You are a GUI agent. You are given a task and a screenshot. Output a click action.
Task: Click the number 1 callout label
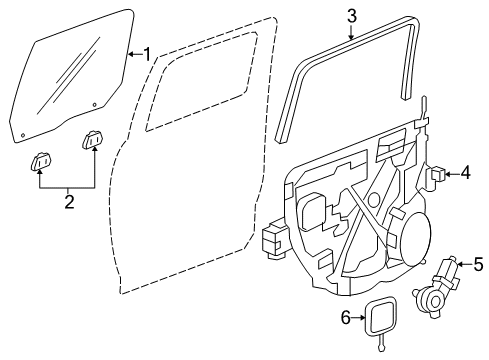click(147, 54)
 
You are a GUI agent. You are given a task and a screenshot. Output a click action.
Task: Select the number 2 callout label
click(68, 201)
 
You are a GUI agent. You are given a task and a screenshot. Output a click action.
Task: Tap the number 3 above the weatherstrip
click(352, 15)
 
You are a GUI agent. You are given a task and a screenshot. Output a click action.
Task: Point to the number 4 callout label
click(464, 174)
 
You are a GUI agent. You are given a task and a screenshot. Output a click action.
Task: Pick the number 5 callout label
click(477, 265)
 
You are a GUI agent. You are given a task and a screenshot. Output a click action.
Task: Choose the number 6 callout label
click(346, 317)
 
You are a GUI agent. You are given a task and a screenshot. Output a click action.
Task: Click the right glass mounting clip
click(95, 140)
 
